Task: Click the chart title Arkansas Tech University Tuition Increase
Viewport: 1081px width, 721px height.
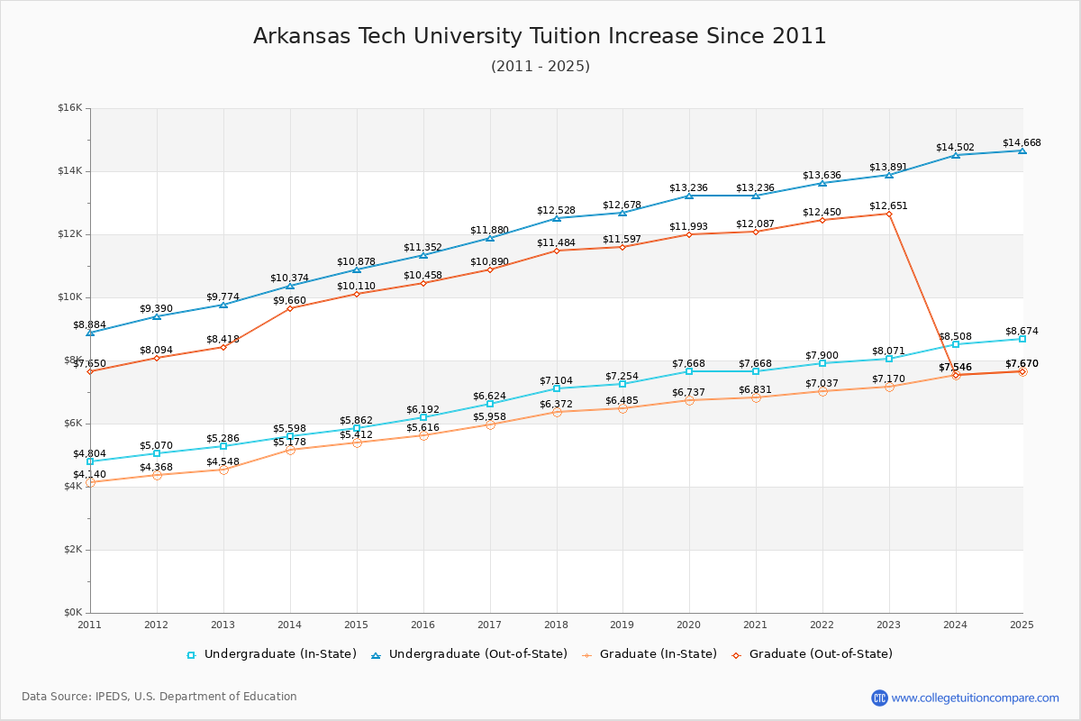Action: pyautogui.click(x=540, y=36)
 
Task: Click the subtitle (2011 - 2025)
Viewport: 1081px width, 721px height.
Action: pyautogui.click(x=540, y=67)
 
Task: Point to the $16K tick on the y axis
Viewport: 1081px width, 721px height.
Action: pyautogui.click(x=69, y=108)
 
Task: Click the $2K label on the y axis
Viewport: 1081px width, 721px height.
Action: pyautogui.click(x=72, y=550)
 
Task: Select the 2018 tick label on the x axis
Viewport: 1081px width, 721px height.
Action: pyautogui.click(x=556, y=625)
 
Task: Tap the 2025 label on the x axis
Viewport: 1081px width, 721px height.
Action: pyautogui.click(x=1022, y=625)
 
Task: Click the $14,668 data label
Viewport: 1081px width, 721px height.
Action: pyautogui.click(x=1022, y=142)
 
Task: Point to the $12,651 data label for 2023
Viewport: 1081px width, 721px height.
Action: pyautogui.click(x=888, y=205)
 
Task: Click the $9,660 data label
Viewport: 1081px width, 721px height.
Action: pyautogui.click(x=289, y=300)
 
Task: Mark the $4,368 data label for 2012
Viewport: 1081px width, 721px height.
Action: pyautogui.click(x=156, y=467)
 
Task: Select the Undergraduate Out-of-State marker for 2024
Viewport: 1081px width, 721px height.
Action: pyautogui.click(x=955, y=155)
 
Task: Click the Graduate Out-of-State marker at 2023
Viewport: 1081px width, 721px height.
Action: pyautogui.click(x=888, y=214)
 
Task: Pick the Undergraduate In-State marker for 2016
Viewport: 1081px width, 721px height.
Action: pyautogui.click(x=422, y=417)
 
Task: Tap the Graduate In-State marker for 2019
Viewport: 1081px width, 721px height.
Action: pyautogui.click(x=622, y=408)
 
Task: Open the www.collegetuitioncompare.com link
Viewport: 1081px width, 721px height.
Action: pyautogui.click(x=975, y=698)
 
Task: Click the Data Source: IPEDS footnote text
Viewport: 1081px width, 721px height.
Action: pyautogui.click(x=159, y=697)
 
